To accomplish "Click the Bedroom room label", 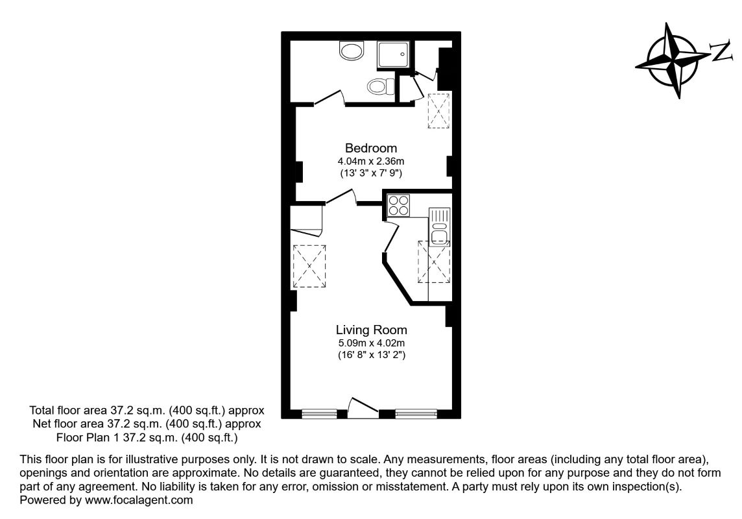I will [370, 148].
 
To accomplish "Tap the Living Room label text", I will [371, 330].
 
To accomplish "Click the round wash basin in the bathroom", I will [352, 51].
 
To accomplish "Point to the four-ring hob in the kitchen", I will [398, 206].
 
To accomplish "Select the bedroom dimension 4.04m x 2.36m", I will [370, 161].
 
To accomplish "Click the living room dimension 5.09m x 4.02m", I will [371, 343].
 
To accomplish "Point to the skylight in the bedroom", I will [438, 111].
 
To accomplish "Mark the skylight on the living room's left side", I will [311, 266].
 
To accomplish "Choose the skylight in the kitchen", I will [434, 261].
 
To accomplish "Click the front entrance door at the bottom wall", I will [362, 407].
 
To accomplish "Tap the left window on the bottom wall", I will [320, 412].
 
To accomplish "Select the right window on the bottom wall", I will [416, 412].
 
